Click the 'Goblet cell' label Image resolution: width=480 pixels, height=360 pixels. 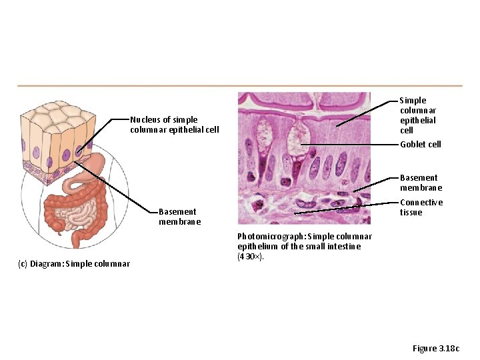pyautogui.click(x=420, y=145)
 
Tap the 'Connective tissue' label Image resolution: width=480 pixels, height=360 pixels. pyautogui.click(x=421, y=207)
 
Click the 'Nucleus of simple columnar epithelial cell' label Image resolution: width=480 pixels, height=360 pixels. pyautogui.click(x=174, y=125)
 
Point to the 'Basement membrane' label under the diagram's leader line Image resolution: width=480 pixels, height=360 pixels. pyautogui.click(x=179, y=217)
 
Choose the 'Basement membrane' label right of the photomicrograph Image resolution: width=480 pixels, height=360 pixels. pyautogui.click(x=421, y=183)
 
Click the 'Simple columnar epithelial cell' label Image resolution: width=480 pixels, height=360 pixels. pyautogui.click(x=417, y=115)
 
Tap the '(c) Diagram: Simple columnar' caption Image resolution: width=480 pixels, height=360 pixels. pyautogui.click(x=73, y=263)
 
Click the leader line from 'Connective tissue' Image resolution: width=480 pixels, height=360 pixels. pyautogui.click(x=347, y=206)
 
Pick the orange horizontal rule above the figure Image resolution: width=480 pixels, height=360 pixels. pyautogui.click(x=239, y=85)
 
